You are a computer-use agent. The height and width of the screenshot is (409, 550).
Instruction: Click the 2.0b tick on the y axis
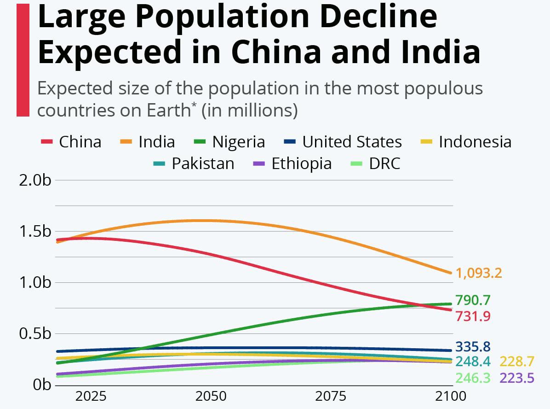35,180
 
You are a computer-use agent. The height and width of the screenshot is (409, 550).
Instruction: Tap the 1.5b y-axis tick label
35,231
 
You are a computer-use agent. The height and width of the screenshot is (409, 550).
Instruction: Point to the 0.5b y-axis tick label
35,333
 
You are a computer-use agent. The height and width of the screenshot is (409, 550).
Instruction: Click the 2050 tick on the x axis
211,396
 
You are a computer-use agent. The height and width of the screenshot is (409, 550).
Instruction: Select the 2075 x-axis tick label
332,396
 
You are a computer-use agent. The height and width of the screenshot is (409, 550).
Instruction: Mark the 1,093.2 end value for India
478,273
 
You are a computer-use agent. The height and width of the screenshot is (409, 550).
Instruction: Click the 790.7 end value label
473,300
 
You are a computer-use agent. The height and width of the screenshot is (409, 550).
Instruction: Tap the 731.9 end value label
473,316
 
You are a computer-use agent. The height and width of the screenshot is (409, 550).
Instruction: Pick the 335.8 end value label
473,346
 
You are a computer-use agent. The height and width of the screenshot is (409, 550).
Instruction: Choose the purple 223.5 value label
516,378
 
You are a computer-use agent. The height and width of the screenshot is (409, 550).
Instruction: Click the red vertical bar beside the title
23,60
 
